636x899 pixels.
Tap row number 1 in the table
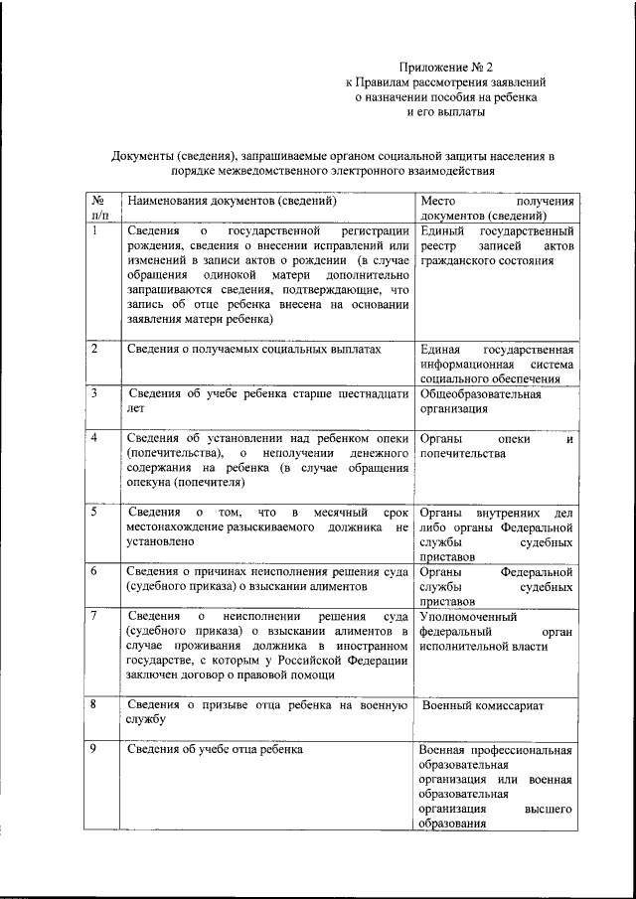point(93,230)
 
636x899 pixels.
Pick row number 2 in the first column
point(93,349)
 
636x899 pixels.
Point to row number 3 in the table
point(93,393)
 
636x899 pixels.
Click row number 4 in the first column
point(93,438)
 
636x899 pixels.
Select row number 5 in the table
point(93,512)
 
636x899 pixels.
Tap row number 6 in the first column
point(93,571)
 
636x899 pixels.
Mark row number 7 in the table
point(93,616)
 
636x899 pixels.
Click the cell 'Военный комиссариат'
point(483,705)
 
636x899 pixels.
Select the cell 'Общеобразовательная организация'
point(481,400)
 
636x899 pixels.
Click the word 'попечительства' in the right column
point(463,453)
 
